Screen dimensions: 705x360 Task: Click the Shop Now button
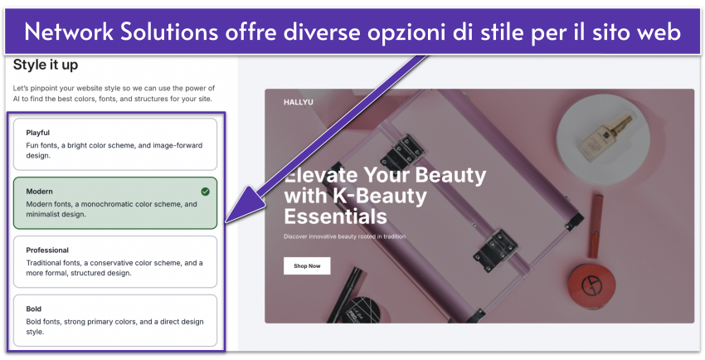[307, 265]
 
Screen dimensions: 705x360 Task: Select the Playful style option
[115, 144]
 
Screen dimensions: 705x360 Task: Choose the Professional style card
[115, 261]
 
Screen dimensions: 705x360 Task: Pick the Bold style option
[115, 320]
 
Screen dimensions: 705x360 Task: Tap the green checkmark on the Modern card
[206, 192]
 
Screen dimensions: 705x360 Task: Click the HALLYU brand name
[298, 103]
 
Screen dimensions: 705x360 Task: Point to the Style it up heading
[46, 66]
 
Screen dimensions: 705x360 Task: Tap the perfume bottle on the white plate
[605, 138]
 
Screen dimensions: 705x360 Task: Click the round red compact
[591, 286]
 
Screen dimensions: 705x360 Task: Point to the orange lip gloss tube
[596, 226]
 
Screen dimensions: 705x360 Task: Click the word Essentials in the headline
[335, 216]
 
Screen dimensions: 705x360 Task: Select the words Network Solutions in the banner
[121, 32]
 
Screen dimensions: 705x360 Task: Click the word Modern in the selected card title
[39, 192]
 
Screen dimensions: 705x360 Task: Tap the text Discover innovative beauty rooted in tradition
[344, 236]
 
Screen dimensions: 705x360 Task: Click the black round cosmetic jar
[360, 309]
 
